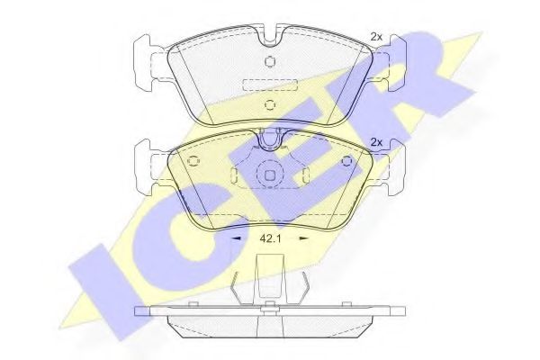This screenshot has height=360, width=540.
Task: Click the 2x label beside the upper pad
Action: tap(377, 37)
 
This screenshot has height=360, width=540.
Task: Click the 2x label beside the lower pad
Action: tap(377, 142)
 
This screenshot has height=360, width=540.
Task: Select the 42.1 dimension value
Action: tap(270, 239)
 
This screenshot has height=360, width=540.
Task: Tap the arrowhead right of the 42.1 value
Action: tap(303, 239)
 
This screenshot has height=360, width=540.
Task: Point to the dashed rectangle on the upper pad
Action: tap(270, 83)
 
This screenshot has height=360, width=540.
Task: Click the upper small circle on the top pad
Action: tap(270, 61)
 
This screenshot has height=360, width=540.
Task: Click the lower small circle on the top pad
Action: tap(270, 103)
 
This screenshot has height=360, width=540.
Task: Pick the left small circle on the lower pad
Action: tap(191, 162)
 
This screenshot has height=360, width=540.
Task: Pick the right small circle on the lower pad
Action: tap(349, 162)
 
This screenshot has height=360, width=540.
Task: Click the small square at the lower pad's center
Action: tap(270, 176)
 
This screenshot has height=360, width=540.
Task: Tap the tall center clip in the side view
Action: tap(270, 279)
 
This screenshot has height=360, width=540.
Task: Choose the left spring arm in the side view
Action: tap(237, 290)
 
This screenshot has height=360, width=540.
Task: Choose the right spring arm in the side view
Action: tap(304, 290)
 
